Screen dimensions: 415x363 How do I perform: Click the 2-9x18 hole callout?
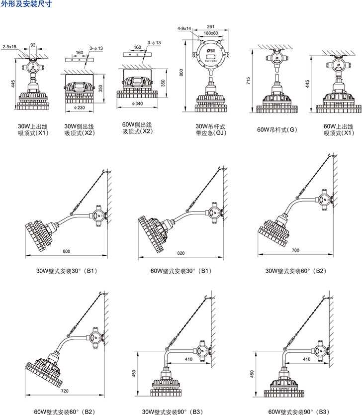point(9,46)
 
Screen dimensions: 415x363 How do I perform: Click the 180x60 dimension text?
point(210,33)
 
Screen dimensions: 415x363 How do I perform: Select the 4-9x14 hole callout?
point(185,29)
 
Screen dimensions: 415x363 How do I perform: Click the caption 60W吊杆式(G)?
point(276,130)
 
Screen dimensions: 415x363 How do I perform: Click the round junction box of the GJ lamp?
point(210,55)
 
